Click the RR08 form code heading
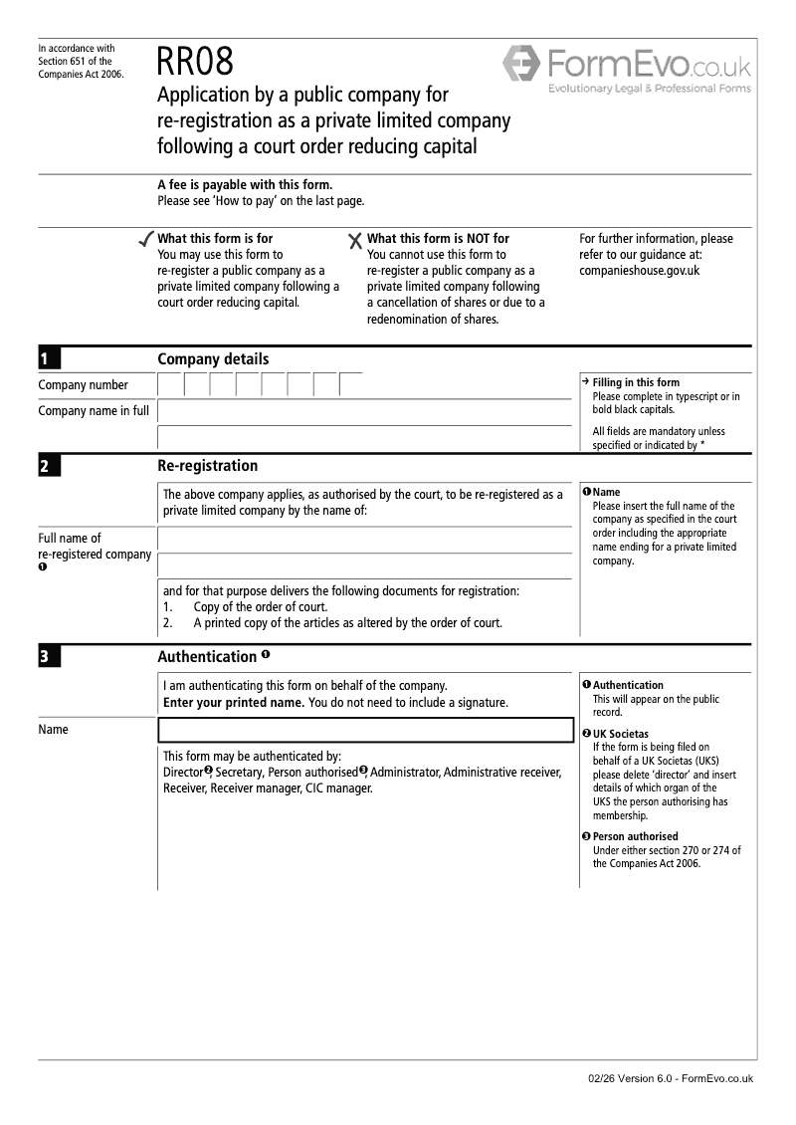coord(195,62)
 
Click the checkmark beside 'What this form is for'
coord(145,240)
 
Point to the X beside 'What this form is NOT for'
coord(355,241)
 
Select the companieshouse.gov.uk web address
coord(639,270)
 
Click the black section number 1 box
coord(49,359)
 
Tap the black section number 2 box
coord(49,466)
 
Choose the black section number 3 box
coord(49,657)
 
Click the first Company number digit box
coord(170,385)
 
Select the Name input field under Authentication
coord(365,730)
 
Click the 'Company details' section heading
coord(213,359)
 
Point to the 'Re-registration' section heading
coord(207,466)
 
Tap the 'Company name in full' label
coord(94,410)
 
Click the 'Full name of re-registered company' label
coord(95,547)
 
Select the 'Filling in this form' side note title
coord(636,382)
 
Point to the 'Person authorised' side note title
coord(635,836)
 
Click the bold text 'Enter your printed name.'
coord(233,703)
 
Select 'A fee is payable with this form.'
coord(245,185)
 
